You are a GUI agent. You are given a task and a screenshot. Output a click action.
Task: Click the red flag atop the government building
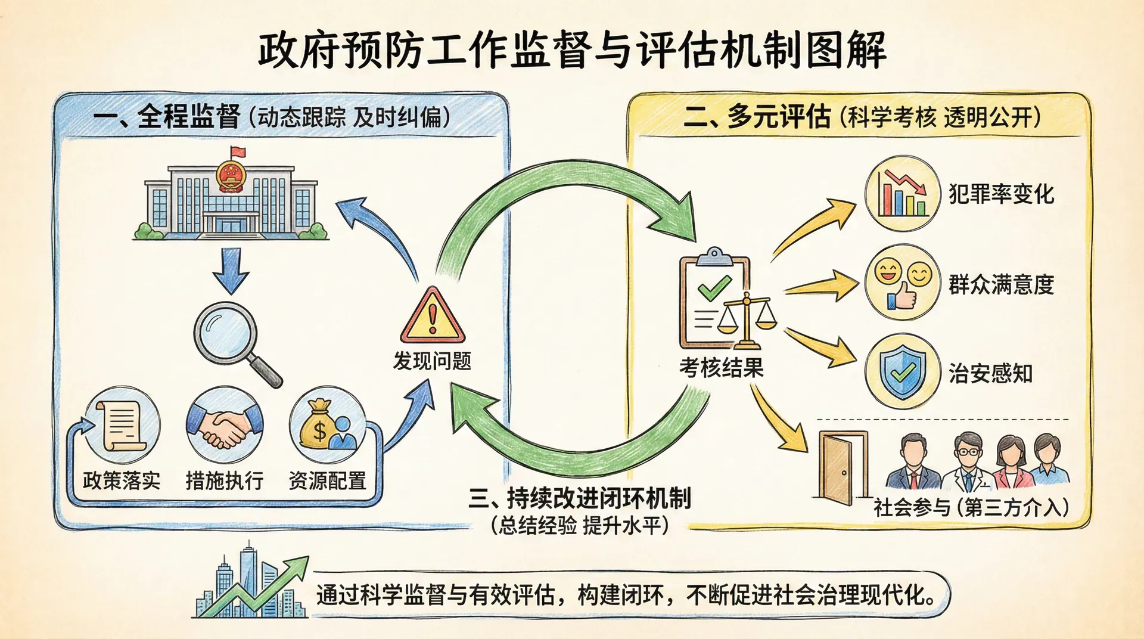(238, 153)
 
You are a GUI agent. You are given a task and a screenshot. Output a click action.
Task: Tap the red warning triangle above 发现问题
(433, 316)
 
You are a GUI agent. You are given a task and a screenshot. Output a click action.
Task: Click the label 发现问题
(432, 361)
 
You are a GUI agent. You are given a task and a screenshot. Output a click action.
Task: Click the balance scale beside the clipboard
(748, 321)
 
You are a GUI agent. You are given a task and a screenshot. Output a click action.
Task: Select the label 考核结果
(721, 368)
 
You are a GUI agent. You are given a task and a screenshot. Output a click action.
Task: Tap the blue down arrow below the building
(231, 270)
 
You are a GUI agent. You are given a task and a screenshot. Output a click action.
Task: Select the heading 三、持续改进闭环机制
(579, 498)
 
